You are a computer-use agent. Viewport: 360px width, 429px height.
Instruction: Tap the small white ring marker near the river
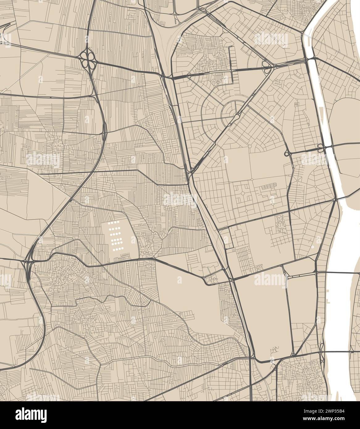312,247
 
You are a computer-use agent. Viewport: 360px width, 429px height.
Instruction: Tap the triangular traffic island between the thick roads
286,272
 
